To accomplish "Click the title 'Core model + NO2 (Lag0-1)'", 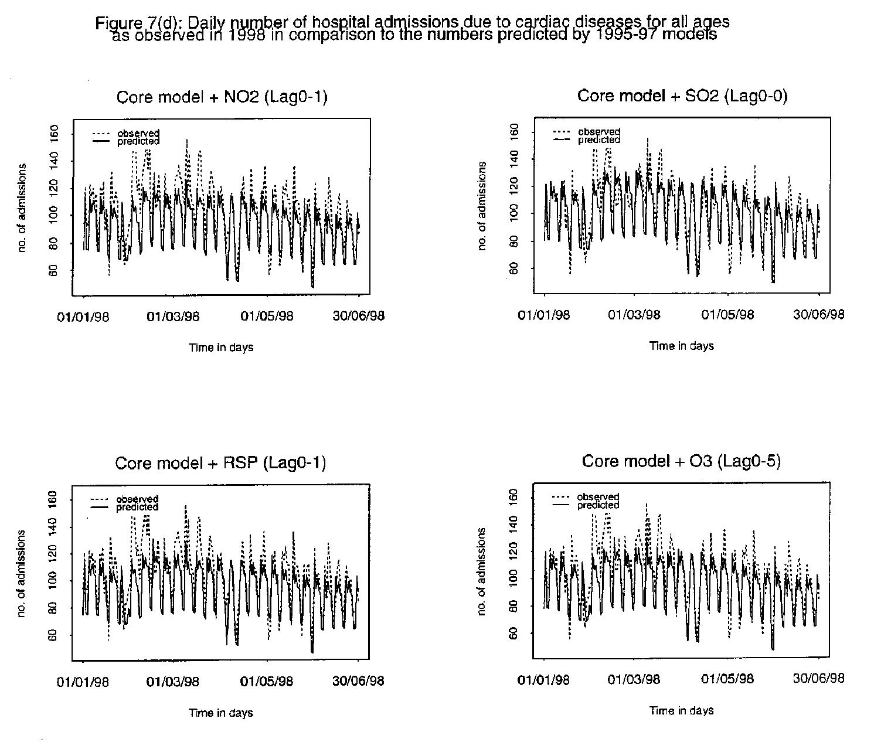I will [222, 97].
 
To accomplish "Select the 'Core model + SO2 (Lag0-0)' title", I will [682, 96].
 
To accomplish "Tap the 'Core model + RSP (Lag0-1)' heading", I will [220, 464].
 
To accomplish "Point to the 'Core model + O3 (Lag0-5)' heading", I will [681, 462].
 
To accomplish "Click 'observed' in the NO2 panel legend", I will [138, 134].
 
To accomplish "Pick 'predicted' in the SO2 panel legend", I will [599, 140].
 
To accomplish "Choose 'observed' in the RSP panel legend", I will [137, 499].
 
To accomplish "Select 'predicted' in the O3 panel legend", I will [598, 505].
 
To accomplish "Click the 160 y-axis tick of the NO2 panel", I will [54, 134].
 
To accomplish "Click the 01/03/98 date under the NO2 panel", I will [173, 317].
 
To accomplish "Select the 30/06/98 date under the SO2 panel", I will [819, 315].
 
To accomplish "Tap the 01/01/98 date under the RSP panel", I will [83, 682].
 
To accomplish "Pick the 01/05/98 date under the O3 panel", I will [727, 679].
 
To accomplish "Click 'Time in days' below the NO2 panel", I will [221, 348].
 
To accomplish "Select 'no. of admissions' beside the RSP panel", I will [22, 573].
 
